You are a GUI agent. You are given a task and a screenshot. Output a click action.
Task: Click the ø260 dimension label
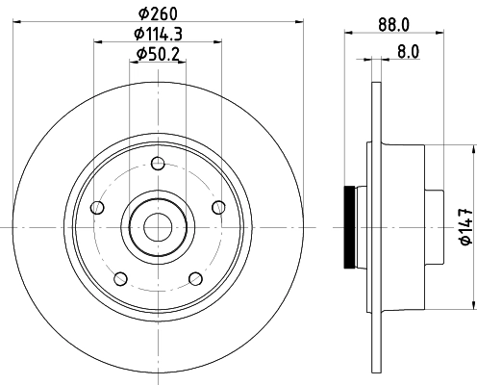(156, 13)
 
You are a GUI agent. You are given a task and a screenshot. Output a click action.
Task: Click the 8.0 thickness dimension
(408, 54)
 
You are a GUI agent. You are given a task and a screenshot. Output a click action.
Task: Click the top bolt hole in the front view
(157, 162)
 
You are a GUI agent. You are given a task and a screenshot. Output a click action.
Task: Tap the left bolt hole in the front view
(95, 208)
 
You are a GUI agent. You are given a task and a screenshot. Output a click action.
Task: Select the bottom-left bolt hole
(119, 279)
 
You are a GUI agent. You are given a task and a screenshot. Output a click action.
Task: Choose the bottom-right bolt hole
(195, 278)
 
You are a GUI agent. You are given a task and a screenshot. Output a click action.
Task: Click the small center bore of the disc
(157, 227)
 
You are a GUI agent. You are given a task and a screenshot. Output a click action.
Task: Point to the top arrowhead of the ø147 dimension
(472, 149)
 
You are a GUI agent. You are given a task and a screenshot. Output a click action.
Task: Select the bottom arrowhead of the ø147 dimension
(472, 305)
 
